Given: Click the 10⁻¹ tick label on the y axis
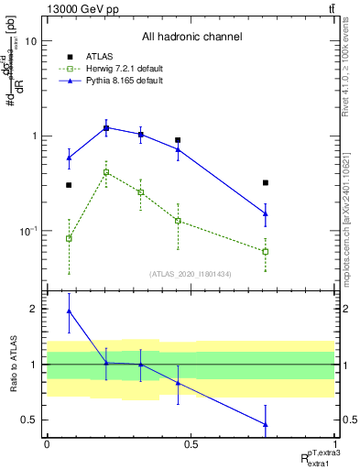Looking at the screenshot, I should [x=27, y=231].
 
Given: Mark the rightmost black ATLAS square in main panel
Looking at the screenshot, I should [x=265, y=183].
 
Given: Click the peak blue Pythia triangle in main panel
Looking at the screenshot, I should [x=106, y=127].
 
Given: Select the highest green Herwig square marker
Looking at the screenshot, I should [x=106, y=172].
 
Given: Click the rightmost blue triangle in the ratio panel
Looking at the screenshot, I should [x=265, y=424].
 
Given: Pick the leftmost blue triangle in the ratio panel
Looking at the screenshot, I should [x=70, y=311].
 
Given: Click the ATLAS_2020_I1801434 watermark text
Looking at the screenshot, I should [x=191, y=274].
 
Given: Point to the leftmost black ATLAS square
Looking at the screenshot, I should [x=69, y=185].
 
